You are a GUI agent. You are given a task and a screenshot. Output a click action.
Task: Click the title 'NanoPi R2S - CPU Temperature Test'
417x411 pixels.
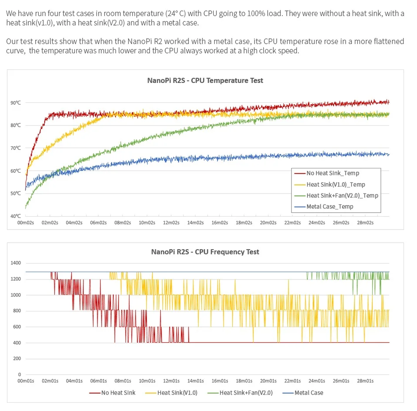pos(205,80)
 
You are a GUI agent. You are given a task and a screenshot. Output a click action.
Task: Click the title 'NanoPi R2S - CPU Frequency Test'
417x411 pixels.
pos(205,252)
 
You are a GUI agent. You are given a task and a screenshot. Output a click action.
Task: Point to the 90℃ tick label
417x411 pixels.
pos(16,103)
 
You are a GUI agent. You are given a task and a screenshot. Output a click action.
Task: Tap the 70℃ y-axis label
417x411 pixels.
pos(16,148)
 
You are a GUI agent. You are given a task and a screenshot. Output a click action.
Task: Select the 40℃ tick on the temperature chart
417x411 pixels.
pos(16,216)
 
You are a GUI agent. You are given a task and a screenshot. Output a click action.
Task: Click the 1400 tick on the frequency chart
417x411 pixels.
pos(16,263)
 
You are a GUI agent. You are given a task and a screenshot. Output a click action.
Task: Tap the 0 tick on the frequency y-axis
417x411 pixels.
pos(20,374)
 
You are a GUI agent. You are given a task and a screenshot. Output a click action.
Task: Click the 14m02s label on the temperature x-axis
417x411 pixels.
pos(195,223)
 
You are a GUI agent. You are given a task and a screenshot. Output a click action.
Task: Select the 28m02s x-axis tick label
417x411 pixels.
pos(365,223)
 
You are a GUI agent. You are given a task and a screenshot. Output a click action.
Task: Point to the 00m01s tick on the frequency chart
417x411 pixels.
pos(25,381)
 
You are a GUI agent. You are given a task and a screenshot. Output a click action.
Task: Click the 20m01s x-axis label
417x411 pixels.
pos(268,381)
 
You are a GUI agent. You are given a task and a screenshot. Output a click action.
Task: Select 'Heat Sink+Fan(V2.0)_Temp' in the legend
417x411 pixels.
pos(342,196)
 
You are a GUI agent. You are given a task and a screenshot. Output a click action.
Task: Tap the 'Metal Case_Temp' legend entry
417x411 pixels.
pos(330,207)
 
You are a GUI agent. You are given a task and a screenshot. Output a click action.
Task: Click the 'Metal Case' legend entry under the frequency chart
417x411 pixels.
pos(308,393)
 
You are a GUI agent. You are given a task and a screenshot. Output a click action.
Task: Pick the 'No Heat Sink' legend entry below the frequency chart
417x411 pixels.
pos(118,393)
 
